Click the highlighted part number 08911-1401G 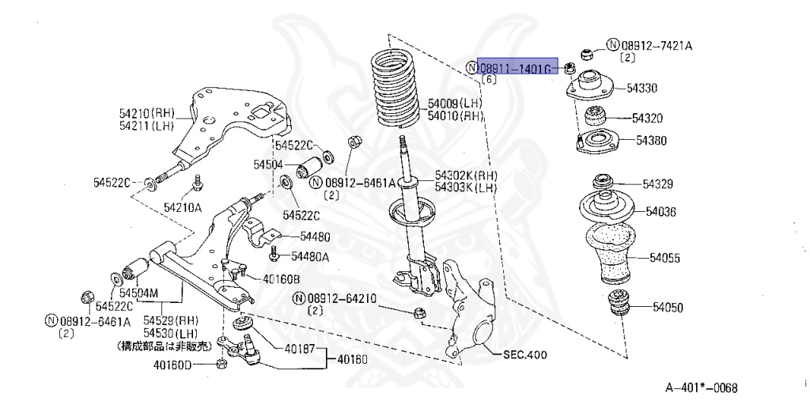pyautogui.click(x=513, y=69)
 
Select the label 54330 pyautogui.click(x=642, y=88)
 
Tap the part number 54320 pyautogui.click(x=647, y=118)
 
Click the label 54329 pyautogui.click(x=657, y=184)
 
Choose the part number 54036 pyautogui.click(x=660, y=211)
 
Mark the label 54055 pyautogui.click(x=665, y=258)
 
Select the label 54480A pyautogui.click(x=310, y=256)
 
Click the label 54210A pyautogui.click(x=183, y=207)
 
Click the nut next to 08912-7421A pyautogui.click(x=587, y=53)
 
